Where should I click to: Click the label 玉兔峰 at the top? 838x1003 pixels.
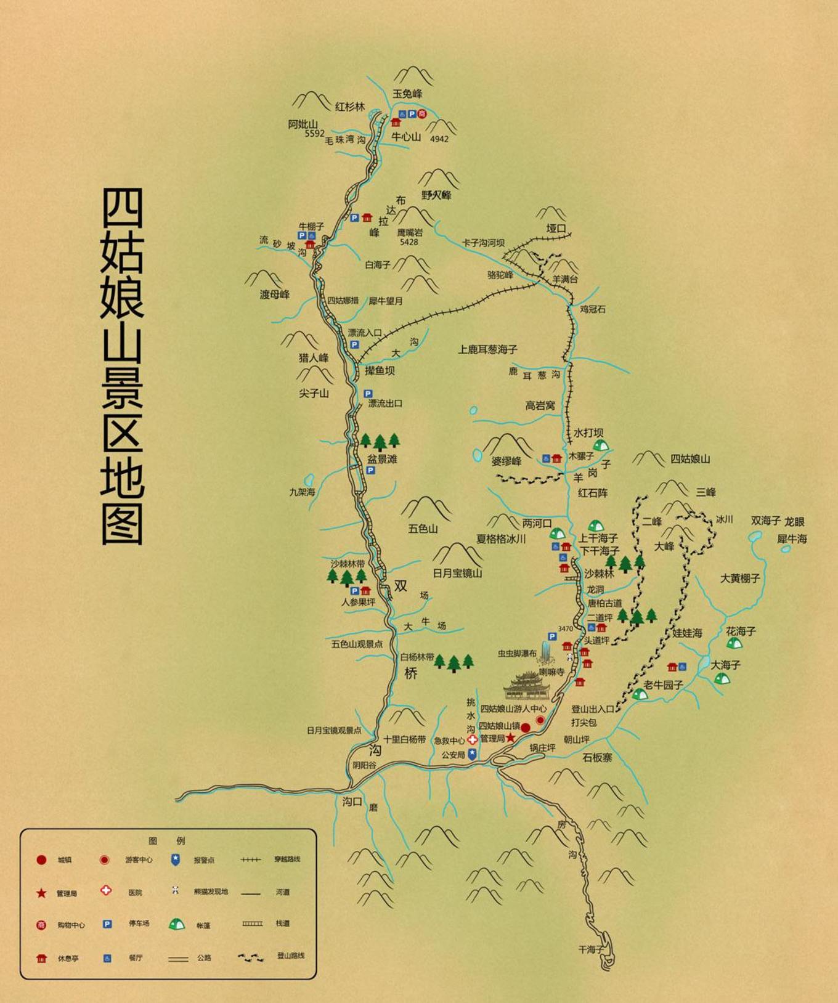point(407,94)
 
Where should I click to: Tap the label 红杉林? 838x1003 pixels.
point(349,107)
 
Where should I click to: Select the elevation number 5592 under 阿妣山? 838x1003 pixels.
point(314,133)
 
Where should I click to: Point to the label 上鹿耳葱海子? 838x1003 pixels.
point(487,349)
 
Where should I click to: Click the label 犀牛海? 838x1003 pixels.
point(792,539)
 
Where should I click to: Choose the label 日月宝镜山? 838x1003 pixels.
point(457,573)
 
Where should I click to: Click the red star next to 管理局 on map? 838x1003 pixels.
point(511,737)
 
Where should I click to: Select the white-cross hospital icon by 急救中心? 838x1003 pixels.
point(472,740)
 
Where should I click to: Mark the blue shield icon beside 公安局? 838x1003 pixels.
point(472,754)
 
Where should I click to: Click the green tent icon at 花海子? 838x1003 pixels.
point(733,644)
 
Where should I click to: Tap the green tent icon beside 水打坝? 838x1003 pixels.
point(600,445)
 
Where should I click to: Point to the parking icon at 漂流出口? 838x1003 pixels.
point(368,394)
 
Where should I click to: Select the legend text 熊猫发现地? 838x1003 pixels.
point(211,891)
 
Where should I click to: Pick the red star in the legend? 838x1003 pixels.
point(41,893)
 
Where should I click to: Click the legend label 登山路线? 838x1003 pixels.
point(290,956)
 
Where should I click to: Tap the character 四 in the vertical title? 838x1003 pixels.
point(122,208)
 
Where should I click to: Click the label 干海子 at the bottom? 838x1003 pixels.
point(591,949)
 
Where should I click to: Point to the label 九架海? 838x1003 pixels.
point(302,492)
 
